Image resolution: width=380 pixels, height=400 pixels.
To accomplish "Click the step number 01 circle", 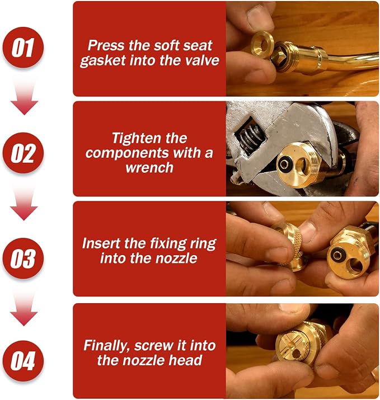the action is pos(23,48).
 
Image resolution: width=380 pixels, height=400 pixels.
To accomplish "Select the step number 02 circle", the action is pos(23,153).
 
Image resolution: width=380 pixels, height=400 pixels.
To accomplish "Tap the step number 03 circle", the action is pos(23,258).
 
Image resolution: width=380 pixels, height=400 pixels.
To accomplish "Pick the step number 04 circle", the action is pos(23,361).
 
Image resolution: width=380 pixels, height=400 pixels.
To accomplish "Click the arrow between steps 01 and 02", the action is pos(24,97).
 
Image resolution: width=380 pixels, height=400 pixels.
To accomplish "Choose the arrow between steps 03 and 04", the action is pos(24,308).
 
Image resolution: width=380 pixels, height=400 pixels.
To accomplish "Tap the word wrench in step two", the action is pos(149,168).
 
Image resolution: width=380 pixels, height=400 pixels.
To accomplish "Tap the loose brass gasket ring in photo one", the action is pos(263,45).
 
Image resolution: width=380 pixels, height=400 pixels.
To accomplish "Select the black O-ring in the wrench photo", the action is pos(284,163).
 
